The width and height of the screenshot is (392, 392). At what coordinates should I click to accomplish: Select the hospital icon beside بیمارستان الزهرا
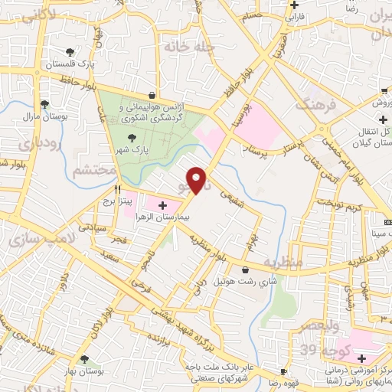click(162, 204)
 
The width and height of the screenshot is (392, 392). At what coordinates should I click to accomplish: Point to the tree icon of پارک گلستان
click(70, 52)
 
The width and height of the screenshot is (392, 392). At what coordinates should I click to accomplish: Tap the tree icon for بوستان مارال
click(44, 104)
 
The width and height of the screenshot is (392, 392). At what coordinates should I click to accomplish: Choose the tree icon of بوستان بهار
click(83, 358)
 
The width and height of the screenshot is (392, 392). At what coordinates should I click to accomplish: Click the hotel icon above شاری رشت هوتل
click(245, 269)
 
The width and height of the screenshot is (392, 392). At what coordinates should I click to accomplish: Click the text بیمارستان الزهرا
click(161, 217)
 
